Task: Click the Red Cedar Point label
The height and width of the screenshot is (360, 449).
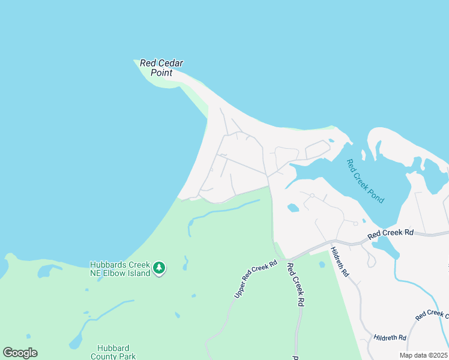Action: point(161,68)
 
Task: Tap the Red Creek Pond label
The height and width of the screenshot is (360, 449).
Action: point(366,181)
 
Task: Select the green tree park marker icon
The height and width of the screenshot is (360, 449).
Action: point(159,268)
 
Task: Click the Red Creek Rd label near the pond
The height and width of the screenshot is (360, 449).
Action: point(391,232)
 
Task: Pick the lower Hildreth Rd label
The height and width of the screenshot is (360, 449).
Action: point(390,338)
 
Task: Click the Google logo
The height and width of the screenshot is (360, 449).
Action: point(20,353)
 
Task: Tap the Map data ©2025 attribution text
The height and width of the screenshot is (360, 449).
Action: point(423,355)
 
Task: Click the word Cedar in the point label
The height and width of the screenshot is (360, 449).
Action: point(170,63)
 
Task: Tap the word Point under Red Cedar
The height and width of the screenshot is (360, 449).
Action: point(161,73)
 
